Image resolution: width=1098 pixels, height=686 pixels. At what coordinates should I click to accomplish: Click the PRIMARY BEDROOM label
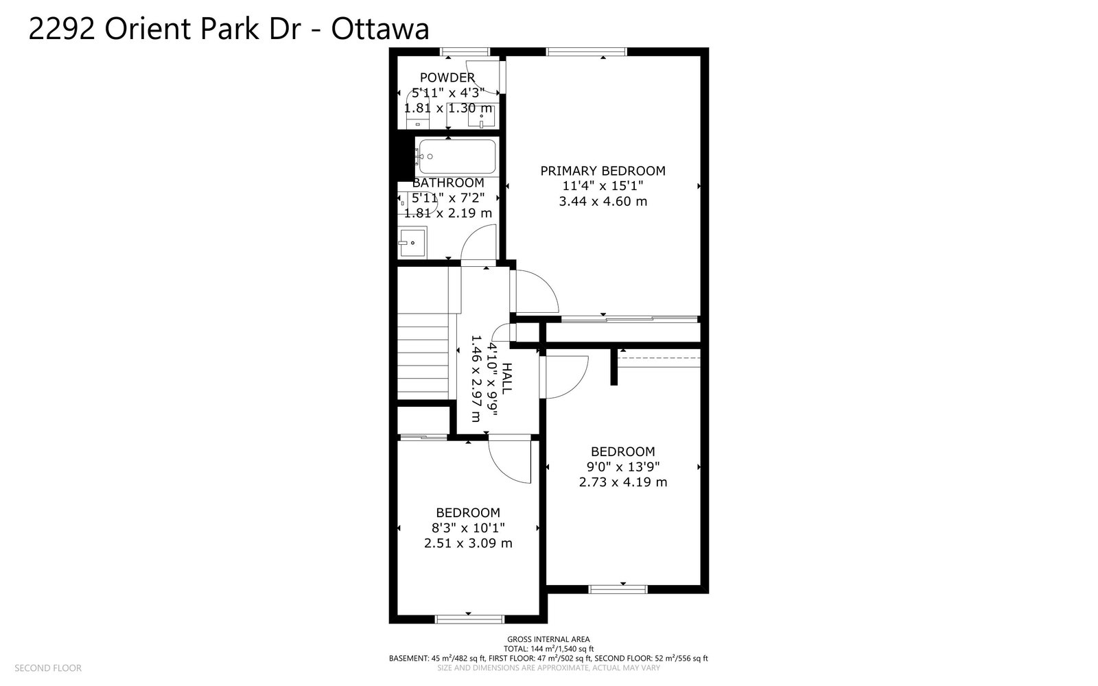click(x=603, y=171)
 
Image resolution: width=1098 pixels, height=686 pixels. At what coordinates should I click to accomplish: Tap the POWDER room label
click(x=447, y=78)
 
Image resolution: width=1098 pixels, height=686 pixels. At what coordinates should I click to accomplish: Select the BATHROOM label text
click(x=448, y=182)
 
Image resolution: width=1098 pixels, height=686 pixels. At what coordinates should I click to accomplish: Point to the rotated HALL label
click(x=507, y=379)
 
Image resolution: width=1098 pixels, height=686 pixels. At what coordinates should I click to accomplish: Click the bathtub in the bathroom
click(x=457, y=157)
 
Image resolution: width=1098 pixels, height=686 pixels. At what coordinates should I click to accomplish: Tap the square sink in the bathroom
click(x=412, y=241)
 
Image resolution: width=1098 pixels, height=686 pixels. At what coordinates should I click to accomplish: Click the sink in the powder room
click(x=481, y=116)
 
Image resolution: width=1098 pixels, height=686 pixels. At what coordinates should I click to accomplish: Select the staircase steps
click(x=423, y=357)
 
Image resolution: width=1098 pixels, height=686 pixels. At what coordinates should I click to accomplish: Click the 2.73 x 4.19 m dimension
click(x=623, y=482)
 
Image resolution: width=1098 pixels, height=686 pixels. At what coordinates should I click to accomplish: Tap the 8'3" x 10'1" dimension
click(x=468, y=528)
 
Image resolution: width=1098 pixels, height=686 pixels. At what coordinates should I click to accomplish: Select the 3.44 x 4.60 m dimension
click(x=603, y=202)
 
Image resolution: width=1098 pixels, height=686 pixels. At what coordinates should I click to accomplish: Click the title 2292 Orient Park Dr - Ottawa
click(x=229, y=28)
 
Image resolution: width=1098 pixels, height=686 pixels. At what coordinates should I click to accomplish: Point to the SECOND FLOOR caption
click(x=48, y=668)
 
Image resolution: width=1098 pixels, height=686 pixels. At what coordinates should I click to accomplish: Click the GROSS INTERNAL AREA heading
click(x=548, y=639)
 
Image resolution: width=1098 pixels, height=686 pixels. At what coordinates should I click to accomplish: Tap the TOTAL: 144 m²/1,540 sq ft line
click(x=548, y=649)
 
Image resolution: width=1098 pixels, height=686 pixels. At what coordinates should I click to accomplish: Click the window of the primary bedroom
click(x=586, y=51)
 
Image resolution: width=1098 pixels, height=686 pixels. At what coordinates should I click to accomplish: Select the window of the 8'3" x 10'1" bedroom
click(x=469, y=619)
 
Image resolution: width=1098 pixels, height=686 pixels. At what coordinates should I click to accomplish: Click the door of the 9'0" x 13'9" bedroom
click(x=563, y=377)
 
